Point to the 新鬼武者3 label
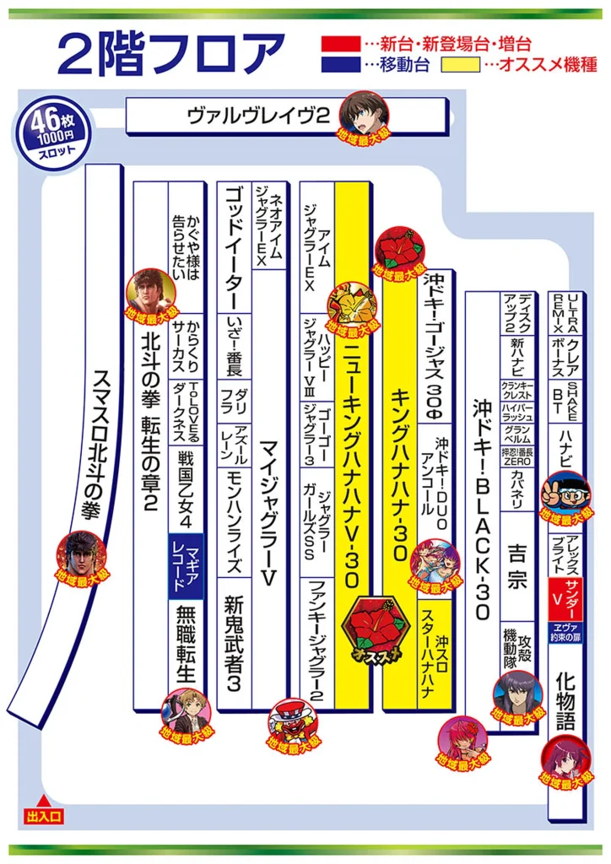coord(234,642)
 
